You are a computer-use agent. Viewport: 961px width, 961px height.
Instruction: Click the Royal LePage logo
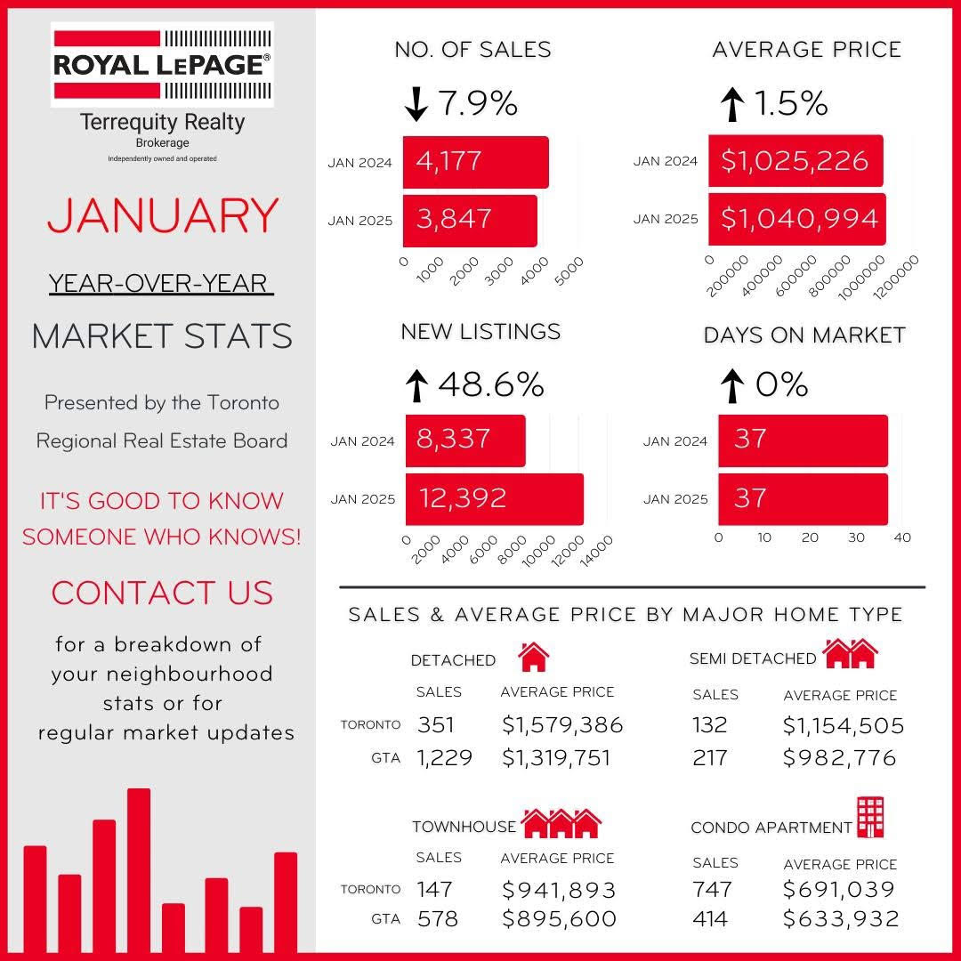tap(162, 64)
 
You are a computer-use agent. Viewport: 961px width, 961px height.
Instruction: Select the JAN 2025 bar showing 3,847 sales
tap(470, 220)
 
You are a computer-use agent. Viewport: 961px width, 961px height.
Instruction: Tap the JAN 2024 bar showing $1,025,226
tap(795, 161)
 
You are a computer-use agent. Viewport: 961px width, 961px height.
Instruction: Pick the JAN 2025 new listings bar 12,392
tap(494, 498)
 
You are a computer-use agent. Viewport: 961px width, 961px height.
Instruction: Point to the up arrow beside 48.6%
tap(416, 385)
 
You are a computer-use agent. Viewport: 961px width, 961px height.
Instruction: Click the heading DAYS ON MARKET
tap(804, 335)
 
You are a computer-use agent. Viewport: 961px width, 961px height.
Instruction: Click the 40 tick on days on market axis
tap(902, 537)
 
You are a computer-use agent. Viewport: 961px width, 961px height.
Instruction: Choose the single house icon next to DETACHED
tap(533, 657)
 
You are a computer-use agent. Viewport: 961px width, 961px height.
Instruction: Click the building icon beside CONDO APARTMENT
tap(869, 817)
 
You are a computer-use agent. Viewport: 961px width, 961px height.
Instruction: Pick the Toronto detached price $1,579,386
tap(562, 725)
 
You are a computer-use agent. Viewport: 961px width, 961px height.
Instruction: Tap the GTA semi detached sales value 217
tap(709, 757)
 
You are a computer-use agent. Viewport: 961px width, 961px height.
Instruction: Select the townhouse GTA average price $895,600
tap(559, 918)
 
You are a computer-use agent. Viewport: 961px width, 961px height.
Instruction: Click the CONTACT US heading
tap(162, 593)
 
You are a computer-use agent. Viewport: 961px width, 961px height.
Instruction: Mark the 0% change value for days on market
tap(781, 385)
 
